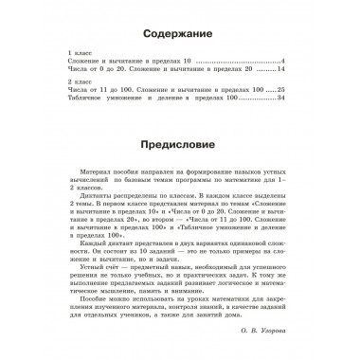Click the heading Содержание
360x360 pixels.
[x=179, y=31]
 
